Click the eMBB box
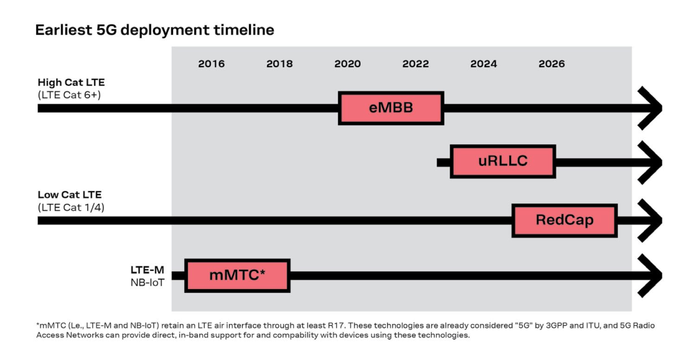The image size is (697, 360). [391, 108]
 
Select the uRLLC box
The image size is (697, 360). [503, 161]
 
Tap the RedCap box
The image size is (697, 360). [565, 221]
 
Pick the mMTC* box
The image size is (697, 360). [237, 275]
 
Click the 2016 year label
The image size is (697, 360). [212, 64]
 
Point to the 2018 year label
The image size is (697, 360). [279, 64]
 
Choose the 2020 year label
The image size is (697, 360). [348, 64]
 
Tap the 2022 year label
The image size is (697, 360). [416, 64]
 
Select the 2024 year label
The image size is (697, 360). [483, 64]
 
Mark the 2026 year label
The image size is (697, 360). [552, 64]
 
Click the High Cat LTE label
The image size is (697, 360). [71, 83]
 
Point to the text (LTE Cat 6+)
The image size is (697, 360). [69, 95]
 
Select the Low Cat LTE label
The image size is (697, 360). [70, 195]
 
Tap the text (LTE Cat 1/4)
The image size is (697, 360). [71, 208]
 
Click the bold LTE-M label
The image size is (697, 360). [147, 270]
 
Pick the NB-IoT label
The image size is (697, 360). [147, 283]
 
